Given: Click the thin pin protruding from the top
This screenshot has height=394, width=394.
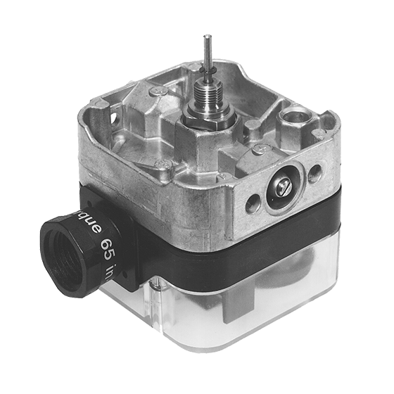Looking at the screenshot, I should (x=207, y=50).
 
